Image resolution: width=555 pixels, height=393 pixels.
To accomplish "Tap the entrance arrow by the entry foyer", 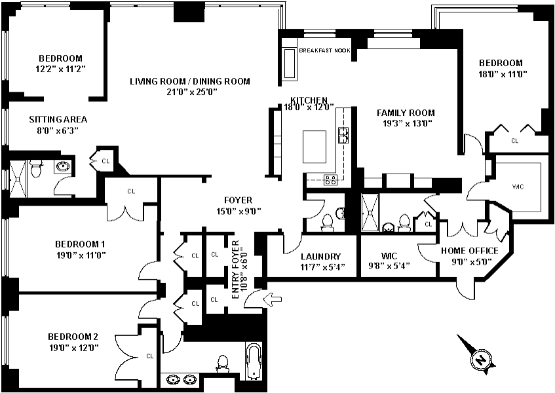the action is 273,299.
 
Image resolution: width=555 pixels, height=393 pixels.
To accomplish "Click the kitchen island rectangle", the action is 315,147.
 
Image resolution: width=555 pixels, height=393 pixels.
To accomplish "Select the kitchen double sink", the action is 343,136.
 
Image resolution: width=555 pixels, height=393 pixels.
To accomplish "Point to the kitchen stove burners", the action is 331,179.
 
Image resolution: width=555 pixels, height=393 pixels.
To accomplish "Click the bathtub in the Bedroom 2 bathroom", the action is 254,361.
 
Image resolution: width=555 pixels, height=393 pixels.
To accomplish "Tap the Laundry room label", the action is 320,257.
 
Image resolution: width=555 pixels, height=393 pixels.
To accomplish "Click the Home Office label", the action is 469,251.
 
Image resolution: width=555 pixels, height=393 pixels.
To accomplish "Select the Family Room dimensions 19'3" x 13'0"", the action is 406,123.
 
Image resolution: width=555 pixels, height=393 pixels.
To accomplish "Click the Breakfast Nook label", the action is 324,50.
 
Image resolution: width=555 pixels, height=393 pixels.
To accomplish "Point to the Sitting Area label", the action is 58,119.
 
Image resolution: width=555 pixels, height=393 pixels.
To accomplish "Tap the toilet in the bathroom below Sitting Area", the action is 36,169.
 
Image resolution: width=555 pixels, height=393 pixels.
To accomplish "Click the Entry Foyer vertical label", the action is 240,270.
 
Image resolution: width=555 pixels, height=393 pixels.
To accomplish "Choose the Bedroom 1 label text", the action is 80,244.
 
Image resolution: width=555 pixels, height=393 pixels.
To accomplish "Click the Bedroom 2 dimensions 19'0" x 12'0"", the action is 74,348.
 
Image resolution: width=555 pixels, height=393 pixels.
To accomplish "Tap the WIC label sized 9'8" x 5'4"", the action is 389,255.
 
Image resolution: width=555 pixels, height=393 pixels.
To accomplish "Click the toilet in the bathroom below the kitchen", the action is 327,222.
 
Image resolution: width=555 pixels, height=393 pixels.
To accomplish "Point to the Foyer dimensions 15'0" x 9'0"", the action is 239,212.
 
